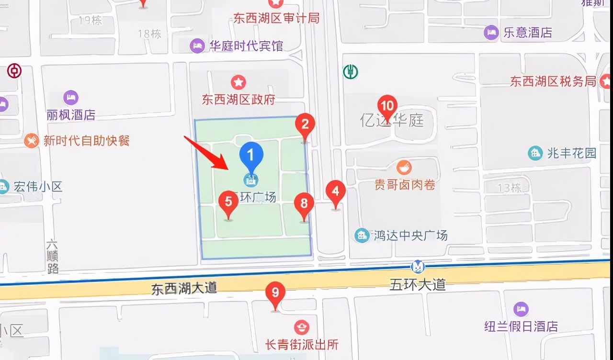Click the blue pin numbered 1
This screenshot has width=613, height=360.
pos(251,154)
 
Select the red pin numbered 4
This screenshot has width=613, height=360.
pos(336,192)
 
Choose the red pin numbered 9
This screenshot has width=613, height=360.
pos(275,292)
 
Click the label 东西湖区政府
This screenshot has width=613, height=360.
pos(238,100)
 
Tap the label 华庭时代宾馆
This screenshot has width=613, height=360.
pos(246,46)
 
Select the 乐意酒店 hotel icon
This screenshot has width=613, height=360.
pos(491,33)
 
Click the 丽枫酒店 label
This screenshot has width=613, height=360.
pos(71,115)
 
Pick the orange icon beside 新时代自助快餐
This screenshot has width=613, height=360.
pos(32,141)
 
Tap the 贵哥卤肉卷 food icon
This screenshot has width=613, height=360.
pos(404,168)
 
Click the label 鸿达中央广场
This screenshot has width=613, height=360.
pos(411,236)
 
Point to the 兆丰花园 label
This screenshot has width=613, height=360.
pos(572,153)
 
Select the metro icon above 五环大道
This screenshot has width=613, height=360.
pos(418,267)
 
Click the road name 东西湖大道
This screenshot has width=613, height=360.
pos(184,288)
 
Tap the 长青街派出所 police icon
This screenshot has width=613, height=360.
pos(302,328)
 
